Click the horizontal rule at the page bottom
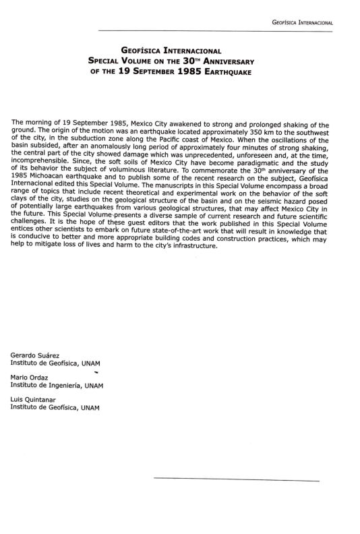coord(236,480)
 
